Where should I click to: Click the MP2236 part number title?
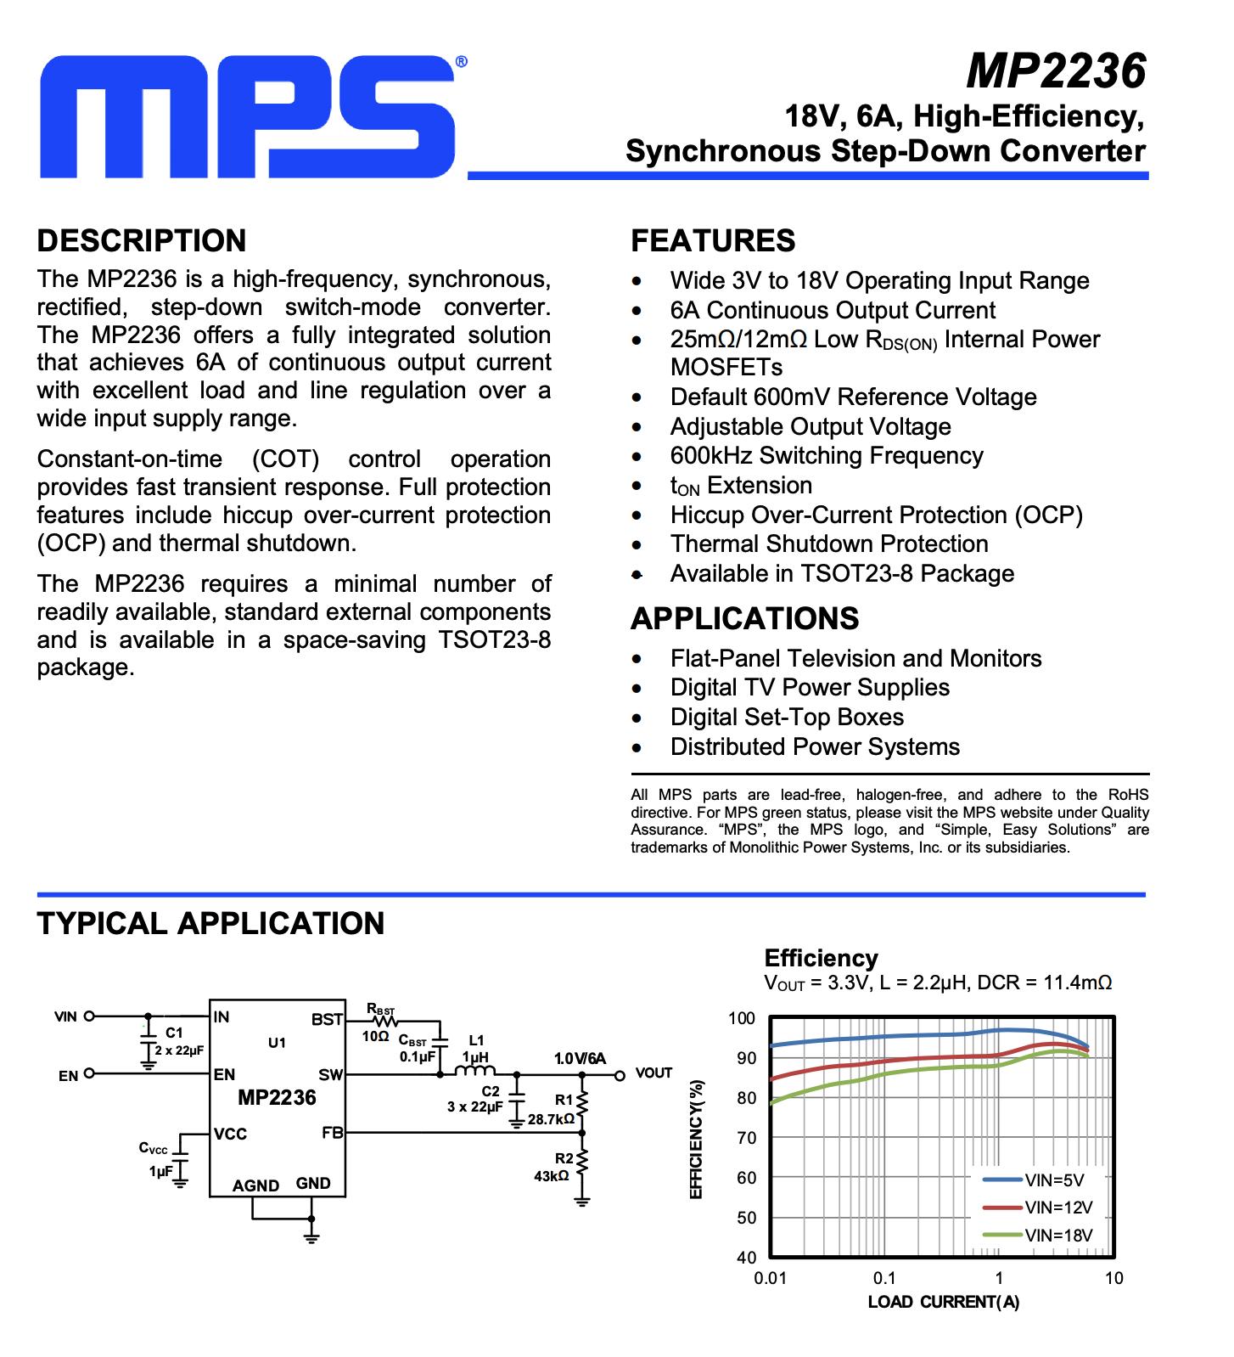1056,70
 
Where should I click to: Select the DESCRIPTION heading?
142,240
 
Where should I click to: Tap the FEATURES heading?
713,240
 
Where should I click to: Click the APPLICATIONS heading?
744,618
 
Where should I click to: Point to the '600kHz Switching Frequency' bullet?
826,456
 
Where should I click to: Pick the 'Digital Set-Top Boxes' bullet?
787,718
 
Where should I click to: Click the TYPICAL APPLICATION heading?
210,923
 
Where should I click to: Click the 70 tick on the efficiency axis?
746,1138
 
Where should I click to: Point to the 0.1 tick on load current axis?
884,1278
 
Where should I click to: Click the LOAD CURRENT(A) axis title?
943,1302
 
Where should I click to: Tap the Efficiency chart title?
821,958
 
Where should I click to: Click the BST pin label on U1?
327,1019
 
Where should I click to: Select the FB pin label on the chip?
332,1133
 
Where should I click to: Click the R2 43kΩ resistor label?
554,1168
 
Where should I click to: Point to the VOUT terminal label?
653,1073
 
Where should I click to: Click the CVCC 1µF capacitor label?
156,1159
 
